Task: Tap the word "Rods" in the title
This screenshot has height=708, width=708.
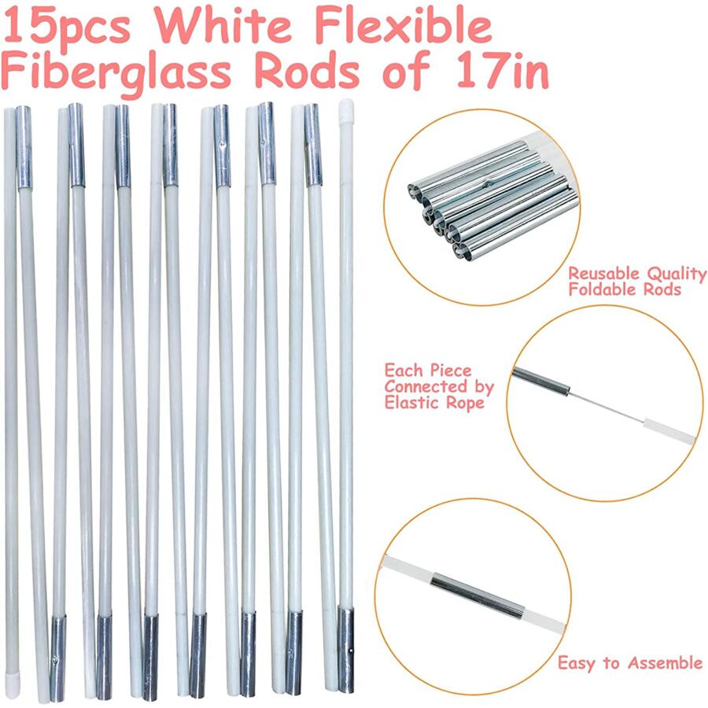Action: click(312, 73)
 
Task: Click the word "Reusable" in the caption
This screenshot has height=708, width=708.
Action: click(604, 274)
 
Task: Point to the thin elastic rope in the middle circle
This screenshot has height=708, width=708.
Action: click(598, 404)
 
